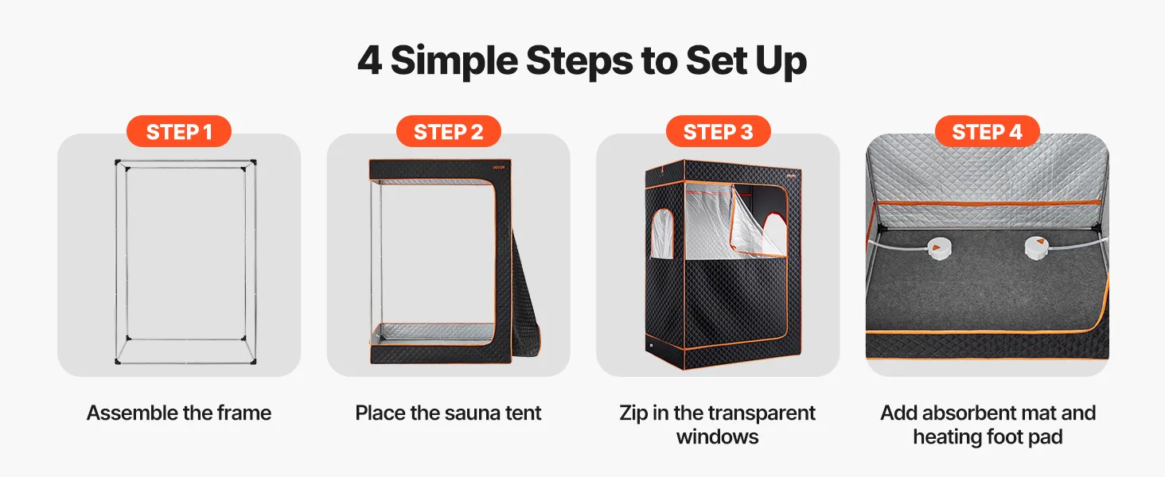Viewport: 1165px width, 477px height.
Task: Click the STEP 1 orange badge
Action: point(179,131)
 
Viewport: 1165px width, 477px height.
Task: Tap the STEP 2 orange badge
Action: point(448,131)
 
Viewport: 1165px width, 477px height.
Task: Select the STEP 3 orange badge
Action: point(719,131)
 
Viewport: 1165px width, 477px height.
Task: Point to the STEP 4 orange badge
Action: point(987,131)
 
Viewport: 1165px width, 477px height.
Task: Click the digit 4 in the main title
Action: point(370,60)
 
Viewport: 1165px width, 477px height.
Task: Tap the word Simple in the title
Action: point(454,62)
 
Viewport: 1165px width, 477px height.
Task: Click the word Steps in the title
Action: point(579,62)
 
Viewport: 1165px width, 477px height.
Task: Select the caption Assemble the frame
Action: point(179,413)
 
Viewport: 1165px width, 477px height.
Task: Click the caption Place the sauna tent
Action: point(448,413)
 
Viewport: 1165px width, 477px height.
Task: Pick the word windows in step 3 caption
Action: point(718,437)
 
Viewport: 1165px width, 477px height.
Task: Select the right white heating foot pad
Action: point(1038,248)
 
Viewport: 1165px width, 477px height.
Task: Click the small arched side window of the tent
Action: point(662,234)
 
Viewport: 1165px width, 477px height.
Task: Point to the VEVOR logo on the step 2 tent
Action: point(498,167)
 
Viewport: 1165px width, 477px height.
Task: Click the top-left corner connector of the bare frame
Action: point(118,163)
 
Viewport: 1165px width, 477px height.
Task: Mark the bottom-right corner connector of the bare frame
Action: point(253,361)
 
